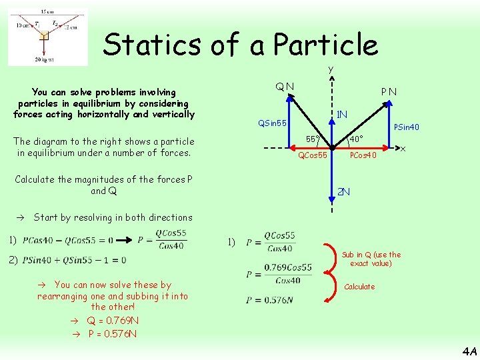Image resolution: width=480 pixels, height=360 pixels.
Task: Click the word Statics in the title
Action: [143, 45]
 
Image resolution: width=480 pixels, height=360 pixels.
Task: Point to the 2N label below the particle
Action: [343, 192]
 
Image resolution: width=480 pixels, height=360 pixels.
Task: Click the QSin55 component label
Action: [273, 123]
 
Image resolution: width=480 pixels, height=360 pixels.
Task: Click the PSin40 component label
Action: [407, 127]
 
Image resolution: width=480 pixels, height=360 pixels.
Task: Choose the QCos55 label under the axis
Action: [312, 155]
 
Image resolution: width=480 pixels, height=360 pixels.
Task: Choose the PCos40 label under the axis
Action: [363, 155]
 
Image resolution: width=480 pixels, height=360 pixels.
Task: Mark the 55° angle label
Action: [313, 139]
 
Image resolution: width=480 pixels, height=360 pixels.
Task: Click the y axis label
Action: [330, 69]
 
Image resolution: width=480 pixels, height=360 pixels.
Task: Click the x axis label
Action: [403, 149]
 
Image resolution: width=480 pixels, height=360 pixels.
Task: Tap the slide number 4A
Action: [469, 351]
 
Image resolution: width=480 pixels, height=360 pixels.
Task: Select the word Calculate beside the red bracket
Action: [359, 287]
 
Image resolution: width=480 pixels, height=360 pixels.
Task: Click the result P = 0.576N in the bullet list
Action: [113, 333]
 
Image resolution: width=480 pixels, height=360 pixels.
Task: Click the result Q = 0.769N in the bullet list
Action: [113, 320]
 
